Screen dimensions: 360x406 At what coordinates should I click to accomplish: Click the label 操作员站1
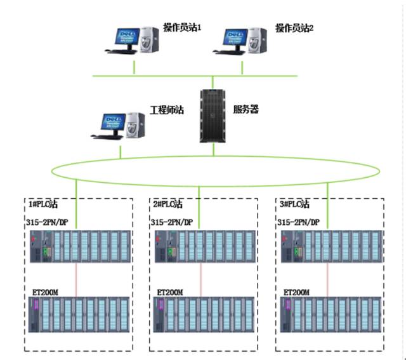tap(182, 27)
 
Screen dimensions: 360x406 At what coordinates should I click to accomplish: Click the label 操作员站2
tap(294, 27)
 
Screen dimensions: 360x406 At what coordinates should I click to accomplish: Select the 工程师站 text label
tap(166, 110)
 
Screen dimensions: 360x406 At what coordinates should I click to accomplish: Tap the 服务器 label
tap(246, 109)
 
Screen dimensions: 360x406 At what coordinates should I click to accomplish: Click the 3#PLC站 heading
tap(294, 204)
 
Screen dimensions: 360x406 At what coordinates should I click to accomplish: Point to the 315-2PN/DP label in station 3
tap(299, 222)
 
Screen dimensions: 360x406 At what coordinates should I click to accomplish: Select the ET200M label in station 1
tap(46, 292)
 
